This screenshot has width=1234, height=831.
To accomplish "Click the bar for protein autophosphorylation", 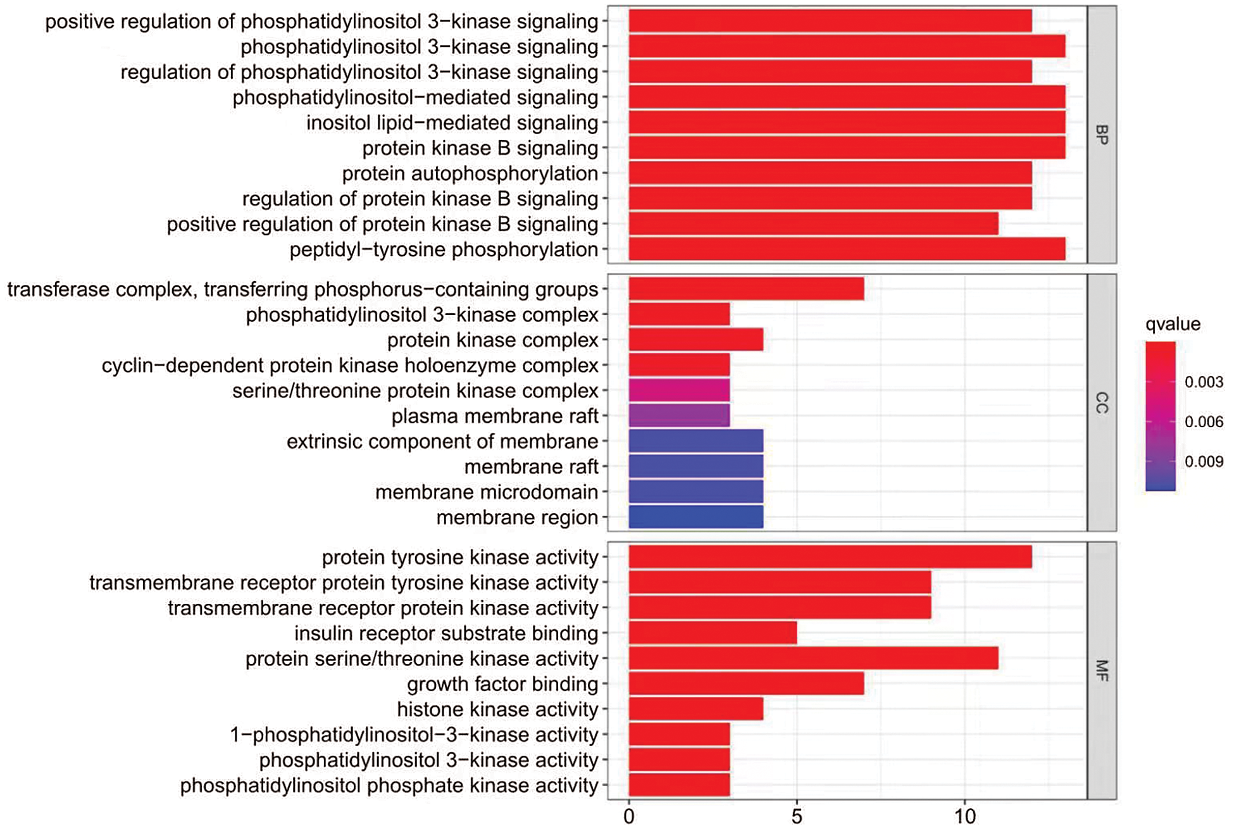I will point(830,173).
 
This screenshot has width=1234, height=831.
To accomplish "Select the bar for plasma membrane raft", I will point(679,416).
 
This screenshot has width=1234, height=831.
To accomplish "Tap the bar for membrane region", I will point(695,517).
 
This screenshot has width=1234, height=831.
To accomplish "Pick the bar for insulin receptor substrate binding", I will point(713,633).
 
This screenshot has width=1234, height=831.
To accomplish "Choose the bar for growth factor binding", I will point(746,684).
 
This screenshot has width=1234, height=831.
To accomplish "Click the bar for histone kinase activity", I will point(695,709).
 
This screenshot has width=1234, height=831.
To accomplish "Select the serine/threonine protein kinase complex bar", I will point(679,391).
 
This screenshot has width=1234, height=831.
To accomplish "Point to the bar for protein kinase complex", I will point(695,340).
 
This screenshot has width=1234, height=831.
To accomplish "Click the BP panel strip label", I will point(1101,135).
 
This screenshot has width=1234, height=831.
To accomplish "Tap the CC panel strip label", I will point(1101,403).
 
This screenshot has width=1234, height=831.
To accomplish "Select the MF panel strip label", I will point(1101,670).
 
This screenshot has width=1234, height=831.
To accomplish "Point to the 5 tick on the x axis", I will point(797,816).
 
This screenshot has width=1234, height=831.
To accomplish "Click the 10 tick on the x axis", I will point(965,816).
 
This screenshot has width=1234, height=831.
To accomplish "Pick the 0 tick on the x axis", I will point(628,816).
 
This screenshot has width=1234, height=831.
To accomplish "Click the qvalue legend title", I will point(1173,324).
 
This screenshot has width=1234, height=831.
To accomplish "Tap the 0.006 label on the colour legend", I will point(1204,422).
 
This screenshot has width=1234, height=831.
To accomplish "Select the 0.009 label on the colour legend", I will point(1204,461).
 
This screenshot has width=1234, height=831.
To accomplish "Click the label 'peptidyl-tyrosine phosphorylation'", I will point(444,249).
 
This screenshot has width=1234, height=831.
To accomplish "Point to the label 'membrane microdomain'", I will point(486,492).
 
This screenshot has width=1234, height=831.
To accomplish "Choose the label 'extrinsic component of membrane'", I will point(442,441).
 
